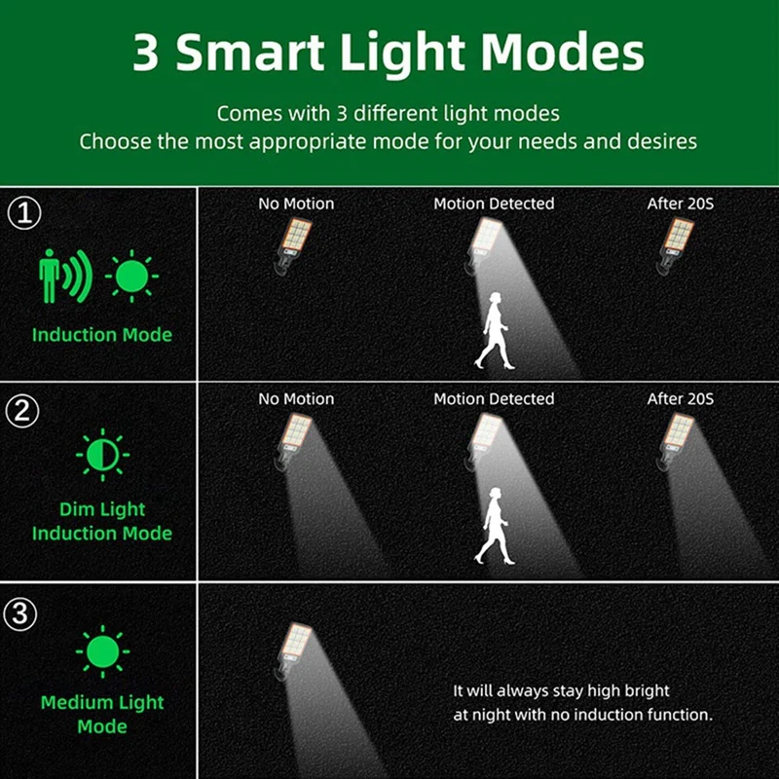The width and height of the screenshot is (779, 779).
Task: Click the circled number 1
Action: [x=24, y=213]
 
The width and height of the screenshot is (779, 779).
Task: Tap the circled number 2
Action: [x=24, y=410]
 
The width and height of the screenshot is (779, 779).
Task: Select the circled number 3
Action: [x=24, y=614]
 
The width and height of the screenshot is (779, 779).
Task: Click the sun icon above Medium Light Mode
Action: [x=102, y=652]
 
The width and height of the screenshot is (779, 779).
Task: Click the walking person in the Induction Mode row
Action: [x=494, y=331]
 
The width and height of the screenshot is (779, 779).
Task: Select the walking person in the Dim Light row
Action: [x=494, y=526]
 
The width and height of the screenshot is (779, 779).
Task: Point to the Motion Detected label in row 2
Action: [x=494, y=399]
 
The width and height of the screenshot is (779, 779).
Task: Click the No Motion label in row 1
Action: [x=296, y=204]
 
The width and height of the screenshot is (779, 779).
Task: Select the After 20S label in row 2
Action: [x=681, y=399]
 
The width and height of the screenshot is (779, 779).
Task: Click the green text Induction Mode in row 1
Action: [x=102, y=335]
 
